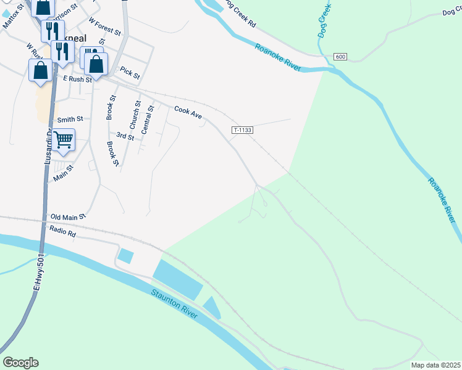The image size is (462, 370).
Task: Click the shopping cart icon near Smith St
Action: [63, 141]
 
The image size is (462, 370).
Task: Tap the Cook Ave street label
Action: [188, 112]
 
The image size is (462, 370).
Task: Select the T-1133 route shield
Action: [242, 130]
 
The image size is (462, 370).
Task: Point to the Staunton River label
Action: [174, 302]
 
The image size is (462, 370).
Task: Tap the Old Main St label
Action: [68, 217]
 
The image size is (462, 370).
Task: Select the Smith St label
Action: [69, 120]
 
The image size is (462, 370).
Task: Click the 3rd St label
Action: [125, 136]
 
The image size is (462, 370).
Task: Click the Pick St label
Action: [130, 72]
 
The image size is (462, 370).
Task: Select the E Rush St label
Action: [77, 79]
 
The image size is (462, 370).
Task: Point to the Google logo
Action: [20, 363]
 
